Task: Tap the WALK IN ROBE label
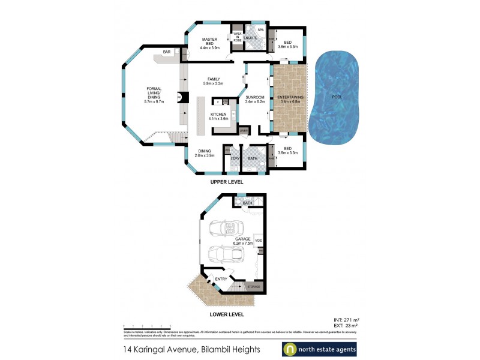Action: (237, 37)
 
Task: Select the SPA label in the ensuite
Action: (260, 29)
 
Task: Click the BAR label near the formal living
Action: (166, 52)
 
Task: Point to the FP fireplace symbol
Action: (179, 97)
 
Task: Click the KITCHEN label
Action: (218, 114)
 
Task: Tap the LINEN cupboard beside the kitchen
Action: (243, 130)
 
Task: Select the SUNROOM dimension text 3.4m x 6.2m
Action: (255, 102)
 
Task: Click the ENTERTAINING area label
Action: (290, 97)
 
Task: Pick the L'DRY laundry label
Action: (233, 158)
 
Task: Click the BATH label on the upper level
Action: (253, 158)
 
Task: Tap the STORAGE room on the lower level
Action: (254, 287)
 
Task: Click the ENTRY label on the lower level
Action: (221, 278)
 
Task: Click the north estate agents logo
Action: (319, 349)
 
